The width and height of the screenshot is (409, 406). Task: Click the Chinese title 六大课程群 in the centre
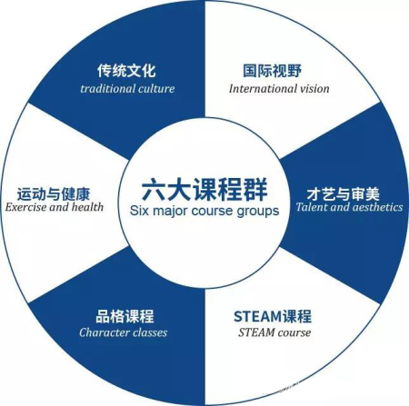(x=204, y=189)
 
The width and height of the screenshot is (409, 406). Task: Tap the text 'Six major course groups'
(x=204, y=211)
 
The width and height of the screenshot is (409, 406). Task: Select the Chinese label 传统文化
(x=126, y=71)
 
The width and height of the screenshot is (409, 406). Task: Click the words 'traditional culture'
(x=127, y=89)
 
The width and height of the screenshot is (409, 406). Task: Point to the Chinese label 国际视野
(x=272, y=71)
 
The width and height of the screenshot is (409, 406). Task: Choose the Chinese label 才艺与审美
(x=343, y=194)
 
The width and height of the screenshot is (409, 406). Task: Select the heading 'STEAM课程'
(x=273, y=316)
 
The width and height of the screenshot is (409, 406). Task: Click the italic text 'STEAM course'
(x=274, y=332)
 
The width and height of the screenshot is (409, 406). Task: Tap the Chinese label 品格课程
(x=125, y=316)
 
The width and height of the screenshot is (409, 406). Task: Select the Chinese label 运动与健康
(x=54, y=194)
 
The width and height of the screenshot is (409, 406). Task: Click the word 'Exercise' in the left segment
(x=25, y=207)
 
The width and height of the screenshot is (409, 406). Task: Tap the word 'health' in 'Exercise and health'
(x=87, y=207)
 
